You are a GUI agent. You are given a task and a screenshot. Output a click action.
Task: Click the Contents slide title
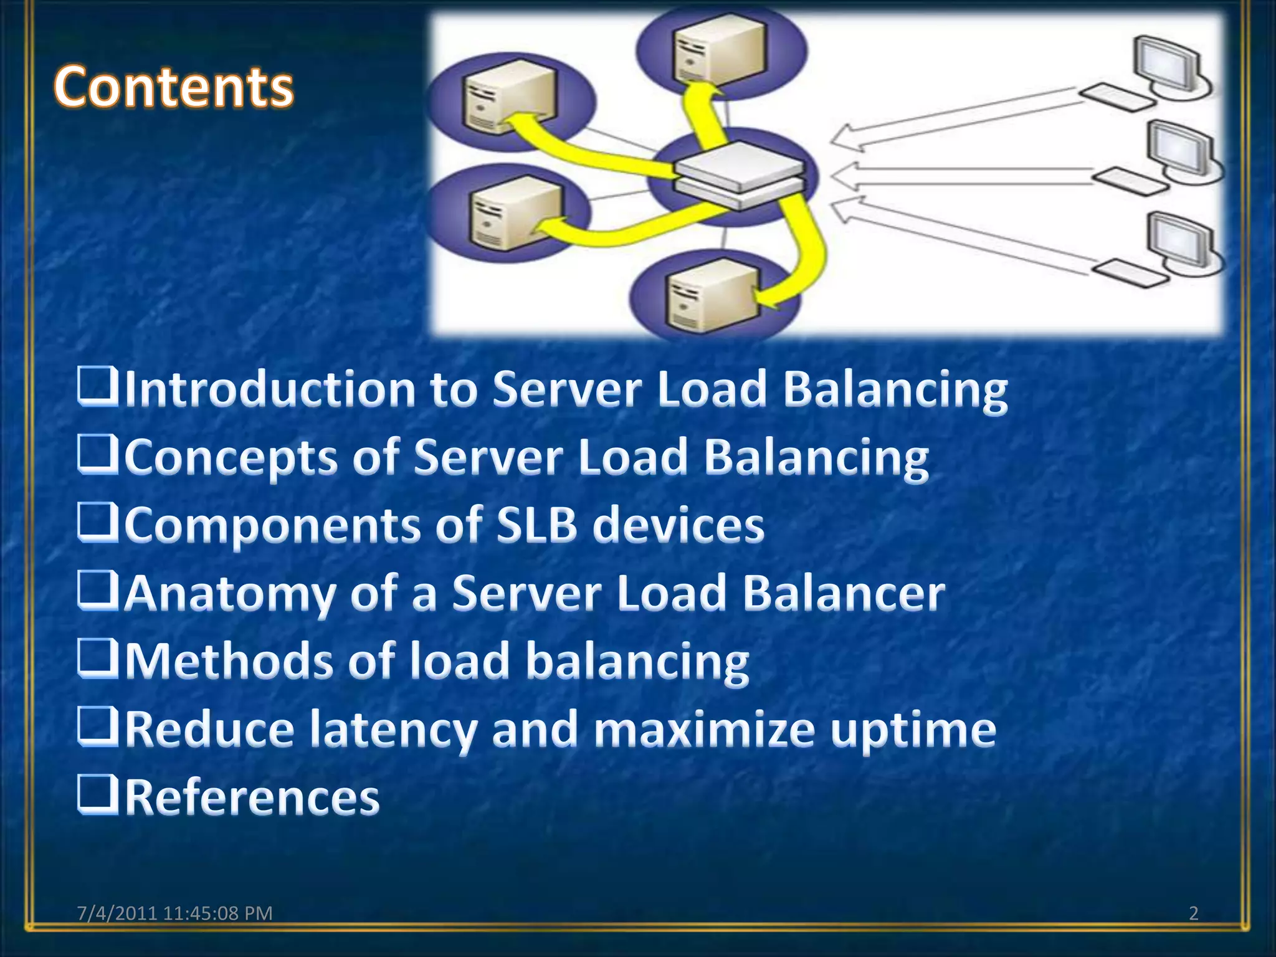coord(173,87)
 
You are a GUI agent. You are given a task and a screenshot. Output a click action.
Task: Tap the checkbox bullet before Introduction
coord(97,386)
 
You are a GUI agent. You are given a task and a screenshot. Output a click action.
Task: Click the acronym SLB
coord(536,525)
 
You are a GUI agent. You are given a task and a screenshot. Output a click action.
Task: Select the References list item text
coord(252,797)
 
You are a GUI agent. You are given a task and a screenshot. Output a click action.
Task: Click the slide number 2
coord(1193,913)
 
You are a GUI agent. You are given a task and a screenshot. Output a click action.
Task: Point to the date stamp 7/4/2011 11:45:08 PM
coord(174,913)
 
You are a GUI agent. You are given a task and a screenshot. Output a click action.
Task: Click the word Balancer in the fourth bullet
coord(844,593)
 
